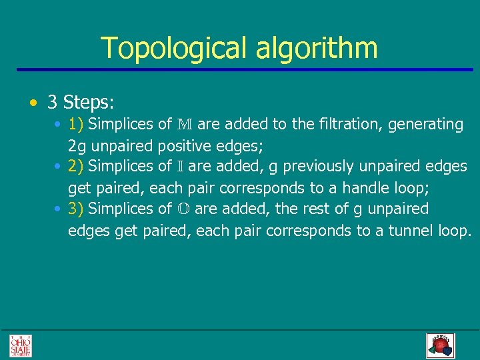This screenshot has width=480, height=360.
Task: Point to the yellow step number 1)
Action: (x=75, y=124)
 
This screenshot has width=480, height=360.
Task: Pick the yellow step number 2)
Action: (x=75, y=165)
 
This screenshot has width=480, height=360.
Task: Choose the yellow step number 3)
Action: (x=75, y=209)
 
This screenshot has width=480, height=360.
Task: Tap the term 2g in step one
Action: (x=75, y=145)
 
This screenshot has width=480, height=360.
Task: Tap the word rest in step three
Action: (x=313, y=209)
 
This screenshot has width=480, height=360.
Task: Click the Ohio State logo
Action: (x=20, y=345)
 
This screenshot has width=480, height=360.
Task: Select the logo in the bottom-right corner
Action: (x=440, y=345)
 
